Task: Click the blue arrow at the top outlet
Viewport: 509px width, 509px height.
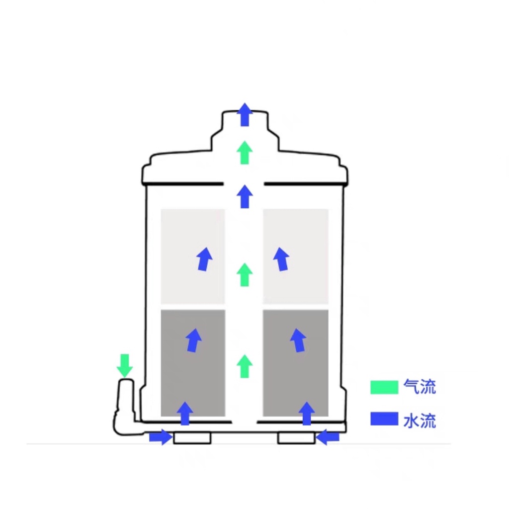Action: click(244, 114)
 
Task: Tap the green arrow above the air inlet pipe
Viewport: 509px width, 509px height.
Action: click(124, 365)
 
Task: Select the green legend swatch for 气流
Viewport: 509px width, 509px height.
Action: click(384, 387)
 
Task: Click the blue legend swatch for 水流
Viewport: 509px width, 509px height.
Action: click(384, 419)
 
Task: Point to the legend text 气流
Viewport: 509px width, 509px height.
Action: click(420, 387)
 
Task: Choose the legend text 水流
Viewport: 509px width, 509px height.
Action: click(420, 421)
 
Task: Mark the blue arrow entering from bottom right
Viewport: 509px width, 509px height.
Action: click(328, 437)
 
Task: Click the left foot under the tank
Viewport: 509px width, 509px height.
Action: click(192, 438)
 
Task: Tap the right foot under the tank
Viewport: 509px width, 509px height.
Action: click(296, 438)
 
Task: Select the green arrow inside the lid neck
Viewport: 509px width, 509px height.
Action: click(244, 153)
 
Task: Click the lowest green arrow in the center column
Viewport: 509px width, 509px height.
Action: click(244, 366)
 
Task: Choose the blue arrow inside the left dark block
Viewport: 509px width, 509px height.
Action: click(193, 340)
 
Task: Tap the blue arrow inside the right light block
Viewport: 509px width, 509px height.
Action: click(281, 259)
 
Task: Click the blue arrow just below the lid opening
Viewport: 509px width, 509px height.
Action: click(244, 196)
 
